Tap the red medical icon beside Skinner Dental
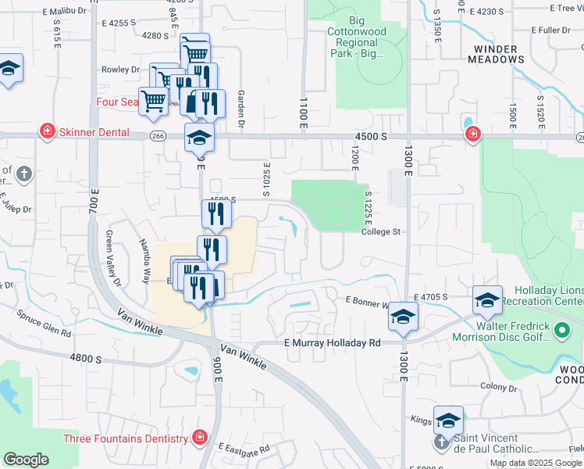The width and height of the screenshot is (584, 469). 47,131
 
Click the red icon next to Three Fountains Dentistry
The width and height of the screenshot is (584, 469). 201,437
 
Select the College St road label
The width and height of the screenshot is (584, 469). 380,231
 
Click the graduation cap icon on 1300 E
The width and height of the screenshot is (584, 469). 403,316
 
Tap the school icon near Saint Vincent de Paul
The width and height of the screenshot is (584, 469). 449,420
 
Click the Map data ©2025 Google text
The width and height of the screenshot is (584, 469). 536,463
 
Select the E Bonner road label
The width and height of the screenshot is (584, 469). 367,301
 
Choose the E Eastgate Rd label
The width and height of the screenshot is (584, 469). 244,449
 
